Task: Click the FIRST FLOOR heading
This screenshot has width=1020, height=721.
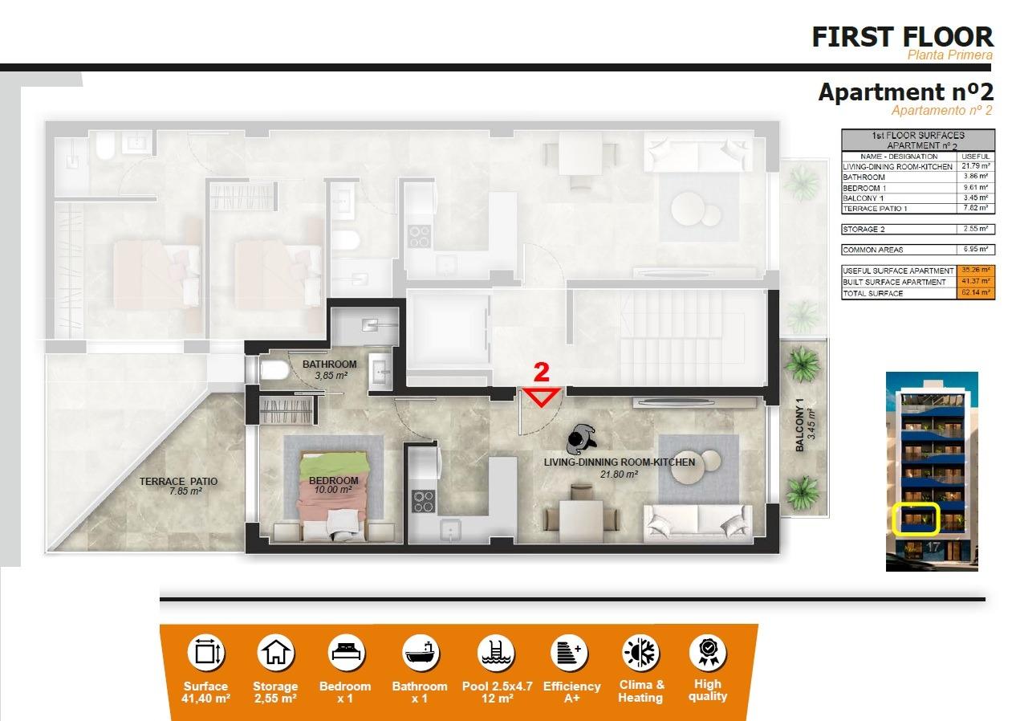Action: pos(902,37)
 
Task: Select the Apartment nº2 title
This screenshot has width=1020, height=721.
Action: pos(905,92)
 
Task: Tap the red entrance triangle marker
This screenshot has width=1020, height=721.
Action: pos(543,397)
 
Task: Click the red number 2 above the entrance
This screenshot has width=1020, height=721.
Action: pos(542,372)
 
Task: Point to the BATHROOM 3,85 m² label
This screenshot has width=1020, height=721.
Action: pos(329,369)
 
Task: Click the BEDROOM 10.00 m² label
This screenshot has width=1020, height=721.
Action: pos(334,485)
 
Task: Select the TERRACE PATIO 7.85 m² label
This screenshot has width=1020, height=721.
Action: pos(178,487)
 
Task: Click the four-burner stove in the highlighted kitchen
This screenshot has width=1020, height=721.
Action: pos(422,501)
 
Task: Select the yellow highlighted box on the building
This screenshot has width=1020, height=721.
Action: pos(916,519)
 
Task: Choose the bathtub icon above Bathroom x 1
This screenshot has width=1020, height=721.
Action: pos(419,652)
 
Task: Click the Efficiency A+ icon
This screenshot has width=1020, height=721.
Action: pos(571,652)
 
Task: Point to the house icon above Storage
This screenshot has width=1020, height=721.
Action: pos(275,652)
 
